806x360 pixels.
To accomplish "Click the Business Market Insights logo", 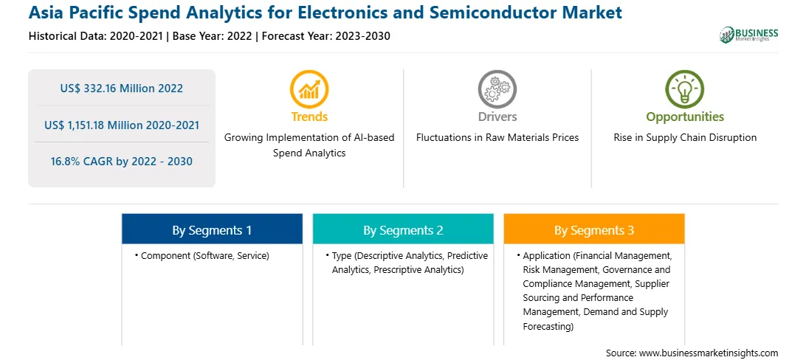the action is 748,35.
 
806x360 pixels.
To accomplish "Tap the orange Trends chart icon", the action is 309,89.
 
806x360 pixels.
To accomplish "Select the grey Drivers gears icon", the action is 497,89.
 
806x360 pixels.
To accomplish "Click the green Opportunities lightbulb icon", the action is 685,89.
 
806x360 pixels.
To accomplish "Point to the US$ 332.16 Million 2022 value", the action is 121,89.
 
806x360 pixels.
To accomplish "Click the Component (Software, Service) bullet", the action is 202,255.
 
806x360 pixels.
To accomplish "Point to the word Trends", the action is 309,117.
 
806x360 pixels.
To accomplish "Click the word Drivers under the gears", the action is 497,117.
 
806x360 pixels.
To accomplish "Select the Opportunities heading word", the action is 685,117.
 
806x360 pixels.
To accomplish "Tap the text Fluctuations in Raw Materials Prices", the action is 497,138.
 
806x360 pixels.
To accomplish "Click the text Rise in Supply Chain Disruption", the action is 685,138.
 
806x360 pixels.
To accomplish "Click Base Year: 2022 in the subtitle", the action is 213,36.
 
